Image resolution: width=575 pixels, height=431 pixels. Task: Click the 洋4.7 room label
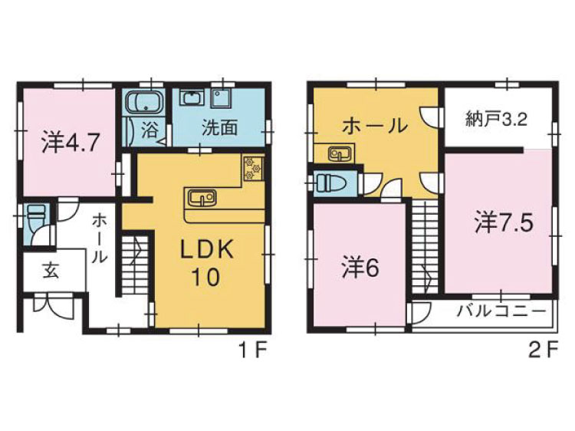point(70,143)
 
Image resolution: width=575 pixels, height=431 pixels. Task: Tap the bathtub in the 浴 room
point(144,101)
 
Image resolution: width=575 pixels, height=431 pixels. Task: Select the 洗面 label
point(220,128)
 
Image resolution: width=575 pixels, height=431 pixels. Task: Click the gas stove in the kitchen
point(253,169)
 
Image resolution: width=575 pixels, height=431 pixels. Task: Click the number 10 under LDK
point(205,277)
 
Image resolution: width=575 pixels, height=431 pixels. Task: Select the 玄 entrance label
point(51,271)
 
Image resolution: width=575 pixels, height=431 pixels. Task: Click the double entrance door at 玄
point(54,305)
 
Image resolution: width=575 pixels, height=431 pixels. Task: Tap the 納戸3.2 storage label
point(497,119)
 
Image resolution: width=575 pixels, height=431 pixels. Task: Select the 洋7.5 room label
point(504,222)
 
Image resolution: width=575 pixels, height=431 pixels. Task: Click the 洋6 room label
point(361,268)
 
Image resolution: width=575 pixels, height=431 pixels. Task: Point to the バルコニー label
point(501,312)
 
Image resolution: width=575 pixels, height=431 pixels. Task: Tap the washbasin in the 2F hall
point(340,153)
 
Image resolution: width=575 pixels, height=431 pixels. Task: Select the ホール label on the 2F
point(375,126)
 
